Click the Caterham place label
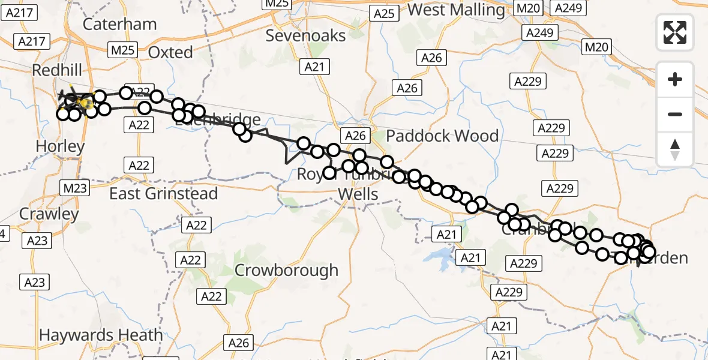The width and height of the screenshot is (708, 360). point(119,25)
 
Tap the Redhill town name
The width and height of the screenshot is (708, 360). point(61,70)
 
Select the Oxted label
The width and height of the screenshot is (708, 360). point(170,53)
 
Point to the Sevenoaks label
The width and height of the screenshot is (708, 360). point(305,35)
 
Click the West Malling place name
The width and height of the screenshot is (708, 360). point(456,10)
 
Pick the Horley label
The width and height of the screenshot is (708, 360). point(60,146)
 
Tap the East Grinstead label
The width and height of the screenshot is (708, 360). point(163,194)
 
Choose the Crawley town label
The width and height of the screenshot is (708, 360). point(49,214)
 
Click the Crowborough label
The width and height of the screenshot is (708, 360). point(286,271)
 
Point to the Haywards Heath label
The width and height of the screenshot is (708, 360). point(101,335)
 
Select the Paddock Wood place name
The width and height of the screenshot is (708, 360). point(442,136)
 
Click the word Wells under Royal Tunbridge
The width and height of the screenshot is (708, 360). point(358,194)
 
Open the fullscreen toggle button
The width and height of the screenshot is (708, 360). point(675,32)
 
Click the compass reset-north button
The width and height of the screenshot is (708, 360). point(675,149)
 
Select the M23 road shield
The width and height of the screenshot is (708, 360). point(75,188)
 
